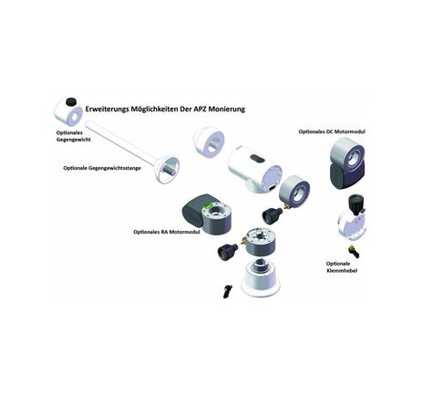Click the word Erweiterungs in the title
[x=107, y=109]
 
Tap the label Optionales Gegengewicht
[x=73, y=136]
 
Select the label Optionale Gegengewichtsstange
[x=102, y=168]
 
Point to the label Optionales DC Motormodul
[x=332, y=131]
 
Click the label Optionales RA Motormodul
[x=167, y=232]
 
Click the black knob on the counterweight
[x=71, y=101]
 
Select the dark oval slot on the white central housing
[x=257, y=158]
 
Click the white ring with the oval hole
[x=209, y=142]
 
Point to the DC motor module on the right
[x=347, y=163]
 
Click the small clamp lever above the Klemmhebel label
[x=355, y=251]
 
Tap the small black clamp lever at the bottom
[x=227, y=291]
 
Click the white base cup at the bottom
[x=261, y=278]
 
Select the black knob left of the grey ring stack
[x=227, y=252]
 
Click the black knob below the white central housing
[x=272, y=215]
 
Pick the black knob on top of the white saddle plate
[x=356, y=202]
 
